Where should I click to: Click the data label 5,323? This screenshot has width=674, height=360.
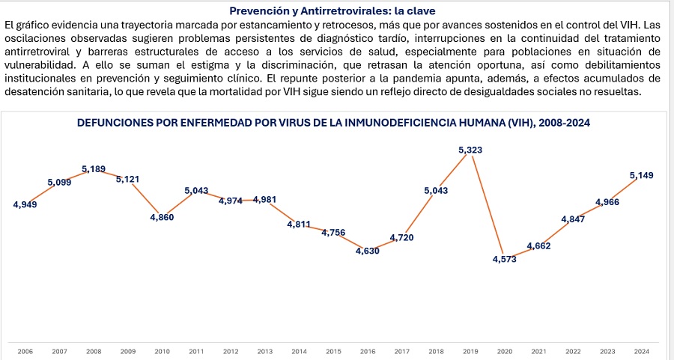[x=470, y=150]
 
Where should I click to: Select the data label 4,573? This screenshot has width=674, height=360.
[x=504, y=260]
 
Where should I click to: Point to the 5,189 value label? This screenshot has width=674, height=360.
[x=94, y=169]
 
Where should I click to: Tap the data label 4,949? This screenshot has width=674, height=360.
[x=25, y=204]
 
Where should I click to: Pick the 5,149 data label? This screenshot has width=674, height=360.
[x=642, y=176]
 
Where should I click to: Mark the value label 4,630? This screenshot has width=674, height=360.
[x=367, y=251]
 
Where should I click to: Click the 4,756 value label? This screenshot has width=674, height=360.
[x=333, y=233]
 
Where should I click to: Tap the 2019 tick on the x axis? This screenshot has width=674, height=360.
[x=470, y=351]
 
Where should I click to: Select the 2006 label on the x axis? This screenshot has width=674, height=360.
[x=25, y=351]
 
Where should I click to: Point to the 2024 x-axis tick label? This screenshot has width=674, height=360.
[x=642, y=351]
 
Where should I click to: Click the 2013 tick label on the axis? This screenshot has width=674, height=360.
[x=264, y=351]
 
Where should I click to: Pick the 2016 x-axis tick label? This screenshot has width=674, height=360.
[x=368, y=351]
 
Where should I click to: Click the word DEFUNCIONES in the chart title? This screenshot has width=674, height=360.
[x=114, y=123]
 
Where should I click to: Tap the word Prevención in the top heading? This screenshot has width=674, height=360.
[x=258, y=11]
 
